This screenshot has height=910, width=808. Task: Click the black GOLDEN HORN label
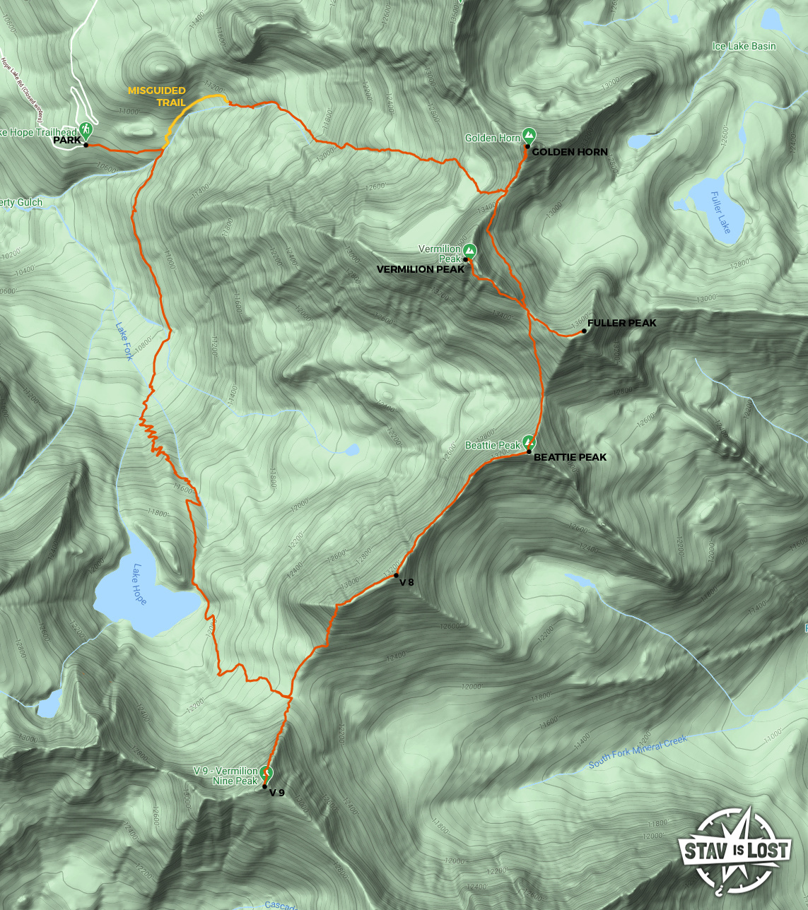(570, 152)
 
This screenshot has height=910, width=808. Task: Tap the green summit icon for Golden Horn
(528, 135)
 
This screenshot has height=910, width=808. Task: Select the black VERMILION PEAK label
(421, 269)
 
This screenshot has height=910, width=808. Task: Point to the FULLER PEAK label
(621, 323)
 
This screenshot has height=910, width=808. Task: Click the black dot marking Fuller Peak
(584, 331)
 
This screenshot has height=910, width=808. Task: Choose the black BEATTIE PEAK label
(570, 457)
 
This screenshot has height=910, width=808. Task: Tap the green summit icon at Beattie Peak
(529, 442)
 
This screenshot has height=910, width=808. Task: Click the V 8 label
(406, 582)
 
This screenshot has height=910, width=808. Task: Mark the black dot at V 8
(396, 575)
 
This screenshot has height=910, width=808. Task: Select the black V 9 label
(276, 793)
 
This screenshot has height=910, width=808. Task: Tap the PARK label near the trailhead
(67, 141)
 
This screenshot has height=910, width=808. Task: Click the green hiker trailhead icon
(86, 130)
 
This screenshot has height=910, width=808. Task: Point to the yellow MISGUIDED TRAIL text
(157, 96)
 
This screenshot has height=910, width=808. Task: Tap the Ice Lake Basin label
(744, 46)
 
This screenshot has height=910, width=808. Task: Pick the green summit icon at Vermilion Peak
(469, 250)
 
